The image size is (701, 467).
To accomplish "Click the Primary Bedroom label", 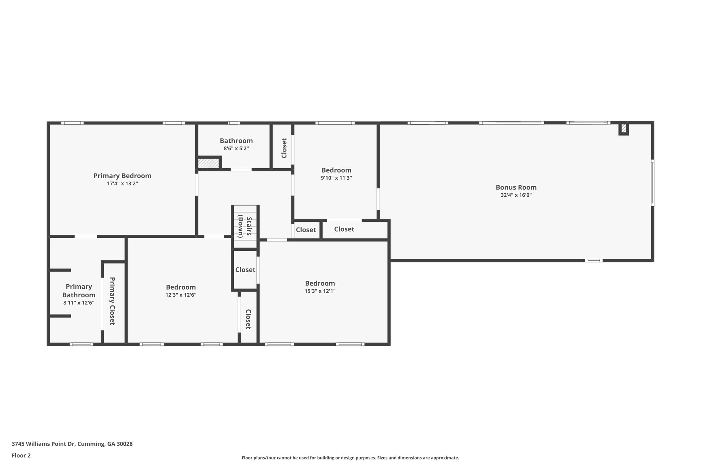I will tap(122, 176).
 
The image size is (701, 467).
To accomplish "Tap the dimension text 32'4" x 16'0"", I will tap(516, 195).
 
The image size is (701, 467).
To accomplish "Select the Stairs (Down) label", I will tap(245, 226).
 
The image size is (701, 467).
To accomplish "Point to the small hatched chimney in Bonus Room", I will tap(624, 129).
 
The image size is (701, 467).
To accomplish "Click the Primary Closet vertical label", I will tap(112, 301).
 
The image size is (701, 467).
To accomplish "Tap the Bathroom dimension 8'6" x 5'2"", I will tap(236, 148).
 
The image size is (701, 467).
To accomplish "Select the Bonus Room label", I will tap(516, 187).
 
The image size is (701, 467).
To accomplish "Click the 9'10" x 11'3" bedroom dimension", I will tap(336, 178).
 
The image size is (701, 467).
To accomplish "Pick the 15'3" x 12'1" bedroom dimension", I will tap(320, 291).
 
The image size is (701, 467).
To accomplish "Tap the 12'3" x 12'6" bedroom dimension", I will tap(181, 295).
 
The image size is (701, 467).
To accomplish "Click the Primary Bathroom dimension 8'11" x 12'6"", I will tap(79, 303).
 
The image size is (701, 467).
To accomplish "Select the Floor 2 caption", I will tap(21, 455).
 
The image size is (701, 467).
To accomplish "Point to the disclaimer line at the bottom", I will tap(350, 458).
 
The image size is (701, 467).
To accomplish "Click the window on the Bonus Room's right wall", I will tap(652, 184).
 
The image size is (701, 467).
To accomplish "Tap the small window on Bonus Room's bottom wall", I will tap(594, 261).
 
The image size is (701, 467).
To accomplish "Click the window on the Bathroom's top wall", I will tap(234, 123).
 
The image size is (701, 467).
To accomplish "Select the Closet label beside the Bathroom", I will tap(284, 148).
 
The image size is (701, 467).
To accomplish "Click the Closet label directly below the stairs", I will tap(245, 270).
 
